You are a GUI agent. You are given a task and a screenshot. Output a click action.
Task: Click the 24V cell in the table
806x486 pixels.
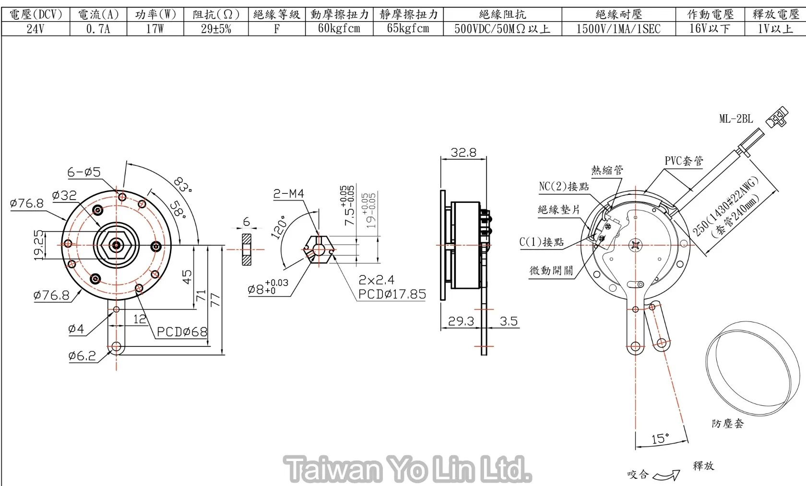(x=35, y=29)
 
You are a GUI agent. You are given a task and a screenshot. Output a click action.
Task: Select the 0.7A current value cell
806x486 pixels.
(x=98, y=29)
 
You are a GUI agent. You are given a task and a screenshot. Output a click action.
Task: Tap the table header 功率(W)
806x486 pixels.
(x=155, y=14)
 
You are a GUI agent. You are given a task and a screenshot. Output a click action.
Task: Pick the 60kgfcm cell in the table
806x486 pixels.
(x=339, y=28)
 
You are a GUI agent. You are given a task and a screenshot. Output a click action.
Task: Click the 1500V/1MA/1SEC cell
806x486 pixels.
(x=618, y=29)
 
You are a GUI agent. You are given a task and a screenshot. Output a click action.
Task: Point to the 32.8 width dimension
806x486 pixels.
(x=463, y=153)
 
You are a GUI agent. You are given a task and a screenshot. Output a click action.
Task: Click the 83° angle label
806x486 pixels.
(x=183, y=185)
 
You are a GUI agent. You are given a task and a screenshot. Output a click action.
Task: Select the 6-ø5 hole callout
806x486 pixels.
(x=84, y=172)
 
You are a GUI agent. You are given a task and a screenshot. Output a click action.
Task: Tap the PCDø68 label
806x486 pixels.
(x=182, y=332)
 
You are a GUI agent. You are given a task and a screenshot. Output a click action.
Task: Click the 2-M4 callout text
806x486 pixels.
(x=288, y=193)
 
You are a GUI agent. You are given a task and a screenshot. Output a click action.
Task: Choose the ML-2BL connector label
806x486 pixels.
(x=735, y=119)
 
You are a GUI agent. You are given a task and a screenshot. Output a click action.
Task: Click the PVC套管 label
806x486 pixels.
(x=684, y=161)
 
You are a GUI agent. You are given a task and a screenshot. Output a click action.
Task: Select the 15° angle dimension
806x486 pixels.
(x=660, y=439)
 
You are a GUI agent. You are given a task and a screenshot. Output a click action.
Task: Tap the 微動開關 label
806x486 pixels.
(x=551, y=270)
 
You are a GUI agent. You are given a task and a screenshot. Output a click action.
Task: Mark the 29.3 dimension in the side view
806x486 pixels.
(x=461, y=321)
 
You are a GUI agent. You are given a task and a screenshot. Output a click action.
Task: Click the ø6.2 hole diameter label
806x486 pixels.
(x=82, y=356)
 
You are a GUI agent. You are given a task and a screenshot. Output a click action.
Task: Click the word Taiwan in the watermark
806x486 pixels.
(x=332, y=469)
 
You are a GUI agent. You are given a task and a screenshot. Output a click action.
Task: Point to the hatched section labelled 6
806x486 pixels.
(x=247, y=249)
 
